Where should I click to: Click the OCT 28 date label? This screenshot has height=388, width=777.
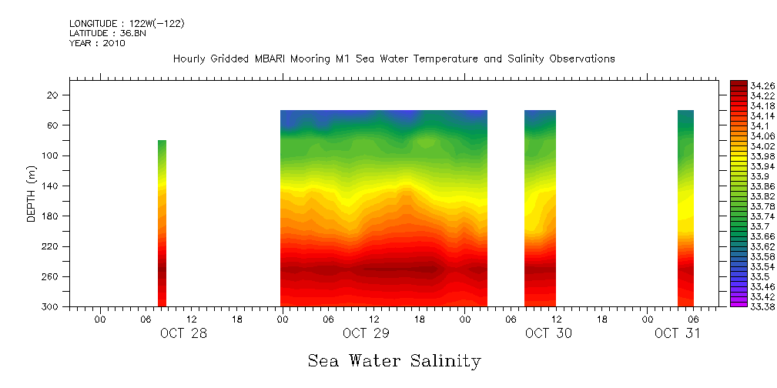(x=183, y=333)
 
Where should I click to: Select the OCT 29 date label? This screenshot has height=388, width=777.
(x=366, y=333)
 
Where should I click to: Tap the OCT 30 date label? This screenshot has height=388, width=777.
(x=548, y=333)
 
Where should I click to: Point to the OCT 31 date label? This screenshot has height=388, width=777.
(x=678, y=333)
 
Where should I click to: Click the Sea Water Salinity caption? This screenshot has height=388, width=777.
(x=394, y=360)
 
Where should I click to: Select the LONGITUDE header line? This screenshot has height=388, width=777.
(x=126, y=23)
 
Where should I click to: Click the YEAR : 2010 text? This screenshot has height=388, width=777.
(x=97, y=43)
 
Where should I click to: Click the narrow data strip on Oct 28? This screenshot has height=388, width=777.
(x=162, y=223)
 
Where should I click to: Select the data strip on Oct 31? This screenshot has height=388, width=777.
(x=685, y=208)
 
